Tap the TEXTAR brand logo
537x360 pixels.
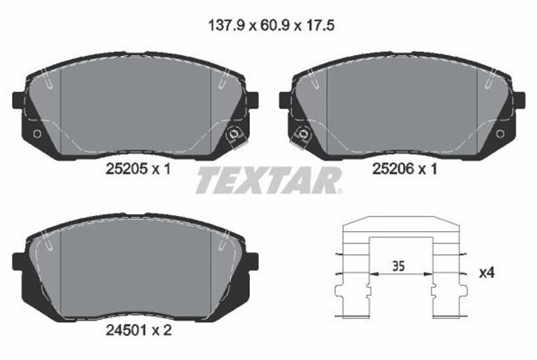[268, 180]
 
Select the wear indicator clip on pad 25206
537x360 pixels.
[303, 136]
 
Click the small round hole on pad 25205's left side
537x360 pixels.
[37, 134]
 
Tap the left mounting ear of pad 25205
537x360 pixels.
[18, 99]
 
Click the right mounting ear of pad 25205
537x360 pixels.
[252, 99]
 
